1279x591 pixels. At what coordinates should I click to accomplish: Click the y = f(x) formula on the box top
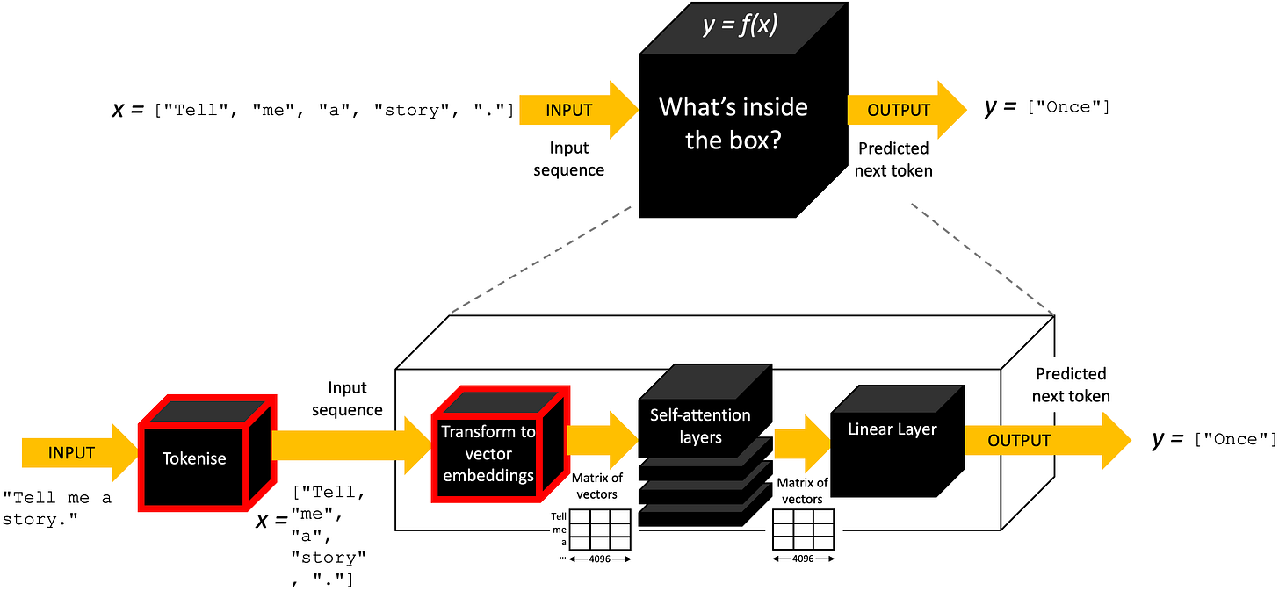740,25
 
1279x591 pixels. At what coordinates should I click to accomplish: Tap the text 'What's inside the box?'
733,123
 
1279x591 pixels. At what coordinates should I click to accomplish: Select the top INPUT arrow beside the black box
579,110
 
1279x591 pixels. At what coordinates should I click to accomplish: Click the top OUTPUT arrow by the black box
907,110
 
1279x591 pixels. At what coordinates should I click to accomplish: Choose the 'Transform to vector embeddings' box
501,444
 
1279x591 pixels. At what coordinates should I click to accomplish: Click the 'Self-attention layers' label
701,426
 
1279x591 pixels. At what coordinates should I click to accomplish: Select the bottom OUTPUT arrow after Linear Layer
1048,440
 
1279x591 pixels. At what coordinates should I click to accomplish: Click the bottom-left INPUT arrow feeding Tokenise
80,453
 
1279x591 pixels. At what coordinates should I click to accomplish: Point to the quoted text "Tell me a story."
57,508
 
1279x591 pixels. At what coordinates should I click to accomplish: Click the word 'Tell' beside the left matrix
559,516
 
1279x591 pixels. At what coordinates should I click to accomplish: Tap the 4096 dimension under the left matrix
599,559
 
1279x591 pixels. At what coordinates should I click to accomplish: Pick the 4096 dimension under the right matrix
803,559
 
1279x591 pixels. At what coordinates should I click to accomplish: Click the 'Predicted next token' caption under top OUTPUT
893,159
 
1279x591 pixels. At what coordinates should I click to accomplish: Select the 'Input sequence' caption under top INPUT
568,159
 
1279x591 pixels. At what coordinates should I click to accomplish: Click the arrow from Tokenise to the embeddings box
351,445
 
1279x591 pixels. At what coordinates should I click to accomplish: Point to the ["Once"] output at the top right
1068,107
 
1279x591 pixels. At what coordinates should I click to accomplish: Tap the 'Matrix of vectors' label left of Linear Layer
802,491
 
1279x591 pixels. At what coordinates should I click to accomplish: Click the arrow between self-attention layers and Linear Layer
802,443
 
